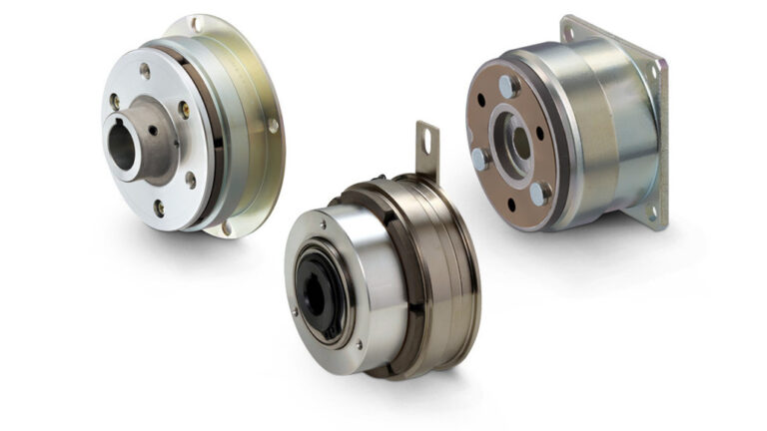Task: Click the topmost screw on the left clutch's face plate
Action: pos(145,70)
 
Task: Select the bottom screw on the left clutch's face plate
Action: pos(159,207)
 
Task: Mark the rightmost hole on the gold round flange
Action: pos(274,127)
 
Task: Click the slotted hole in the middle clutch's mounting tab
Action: pos(425,141)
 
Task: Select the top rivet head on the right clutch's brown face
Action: pos(506,87)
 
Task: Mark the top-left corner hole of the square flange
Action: pos(568,32)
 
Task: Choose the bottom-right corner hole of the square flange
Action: pos(654,210)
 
